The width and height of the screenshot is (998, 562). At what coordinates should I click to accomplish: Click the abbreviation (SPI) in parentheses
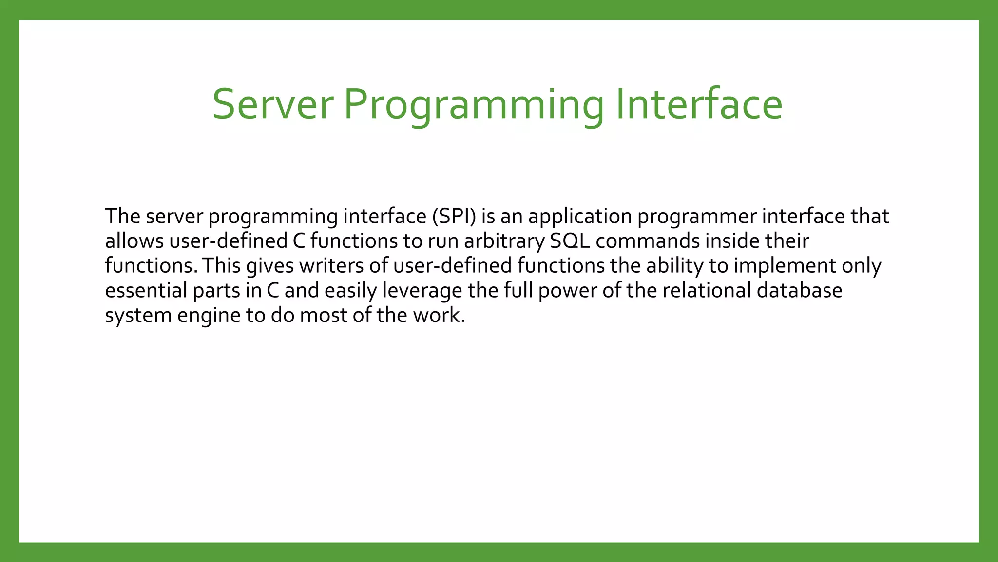(x=454, y=216)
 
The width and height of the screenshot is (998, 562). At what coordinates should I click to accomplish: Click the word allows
(x=134, y=241)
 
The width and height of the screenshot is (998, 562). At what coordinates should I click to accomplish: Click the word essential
(x=146, y=291)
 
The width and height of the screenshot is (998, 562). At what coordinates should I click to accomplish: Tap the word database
(x=799, y=291)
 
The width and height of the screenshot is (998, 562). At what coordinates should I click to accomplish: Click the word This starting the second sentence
(x=221, y=266)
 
